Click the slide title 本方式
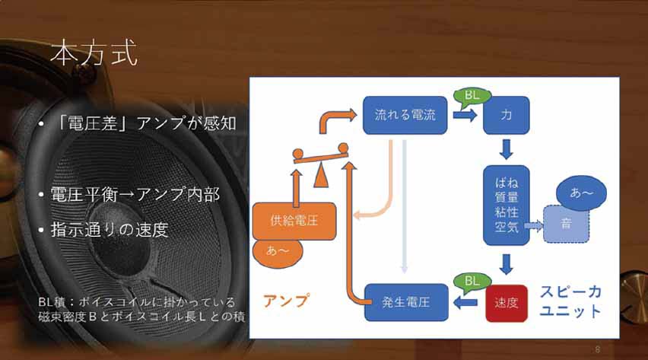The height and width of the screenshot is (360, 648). click(x=94, y=53)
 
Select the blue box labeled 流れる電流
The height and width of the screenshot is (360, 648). click(x=405, y=115)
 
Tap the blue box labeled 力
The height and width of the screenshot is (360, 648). click(x=507, y=115)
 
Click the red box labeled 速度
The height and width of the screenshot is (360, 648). click(x=507, y=303)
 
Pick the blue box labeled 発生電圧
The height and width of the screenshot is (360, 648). click(x=406, y=302)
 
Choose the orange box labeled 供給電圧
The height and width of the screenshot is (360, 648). click(x=294, y=221)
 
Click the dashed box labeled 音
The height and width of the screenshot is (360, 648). click(x=566, y=224)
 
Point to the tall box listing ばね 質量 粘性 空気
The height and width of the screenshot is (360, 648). click(x=507, y=205)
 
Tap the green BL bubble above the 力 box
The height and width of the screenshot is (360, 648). click(x=472, y=97)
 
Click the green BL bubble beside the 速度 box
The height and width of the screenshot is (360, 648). click(x=472, y=282)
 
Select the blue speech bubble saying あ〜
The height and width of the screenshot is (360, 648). click(x=581, y=193)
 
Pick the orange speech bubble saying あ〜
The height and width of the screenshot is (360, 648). click(x=278, y=251)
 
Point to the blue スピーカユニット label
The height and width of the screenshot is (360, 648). click(x=570, y=301)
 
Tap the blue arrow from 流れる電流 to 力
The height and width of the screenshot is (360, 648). click(x=465, y=115)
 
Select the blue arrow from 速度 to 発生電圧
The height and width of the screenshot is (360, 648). click(x=465, y=303)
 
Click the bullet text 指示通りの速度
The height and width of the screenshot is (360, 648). click(x=109, y=230)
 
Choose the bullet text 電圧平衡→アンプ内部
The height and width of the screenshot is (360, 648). click(x=135, y=195)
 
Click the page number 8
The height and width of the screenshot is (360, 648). click(x=598, y=349)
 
